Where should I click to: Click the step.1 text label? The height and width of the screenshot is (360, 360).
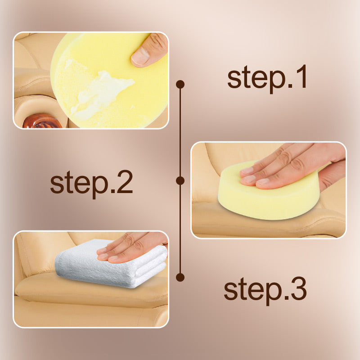267,77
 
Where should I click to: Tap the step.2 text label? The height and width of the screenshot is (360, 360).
91,182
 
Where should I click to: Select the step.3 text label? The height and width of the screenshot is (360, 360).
265,289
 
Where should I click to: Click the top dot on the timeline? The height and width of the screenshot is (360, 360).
180,85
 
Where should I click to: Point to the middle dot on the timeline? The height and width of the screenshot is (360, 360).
180,181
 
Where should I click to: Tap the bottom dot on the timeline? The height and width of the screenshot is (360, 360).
180,277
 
